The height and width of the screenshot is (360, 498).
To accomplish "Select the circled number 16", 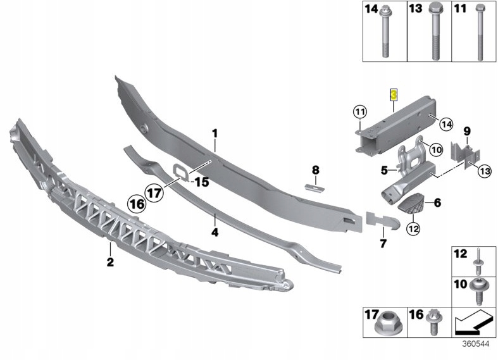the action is (x=136, y=204).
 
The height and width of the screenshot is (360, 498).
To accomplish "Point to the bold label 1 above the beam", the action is (x=215, y=133).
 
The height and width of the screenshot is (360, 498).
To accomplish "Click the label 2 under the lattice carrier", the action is (x=109, y=262).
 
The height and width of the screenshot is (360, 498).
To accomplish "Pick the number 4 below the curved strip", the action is (x=215, y=232).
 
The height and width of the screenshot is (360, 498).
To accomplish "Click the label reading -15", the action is (x=201, y=182).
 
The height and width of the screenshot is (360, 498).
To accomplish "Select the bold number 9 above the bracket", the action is (x=467, y=131).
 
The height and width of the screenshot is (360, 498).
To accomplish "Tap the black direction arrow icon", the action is (x=473, y=323).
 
